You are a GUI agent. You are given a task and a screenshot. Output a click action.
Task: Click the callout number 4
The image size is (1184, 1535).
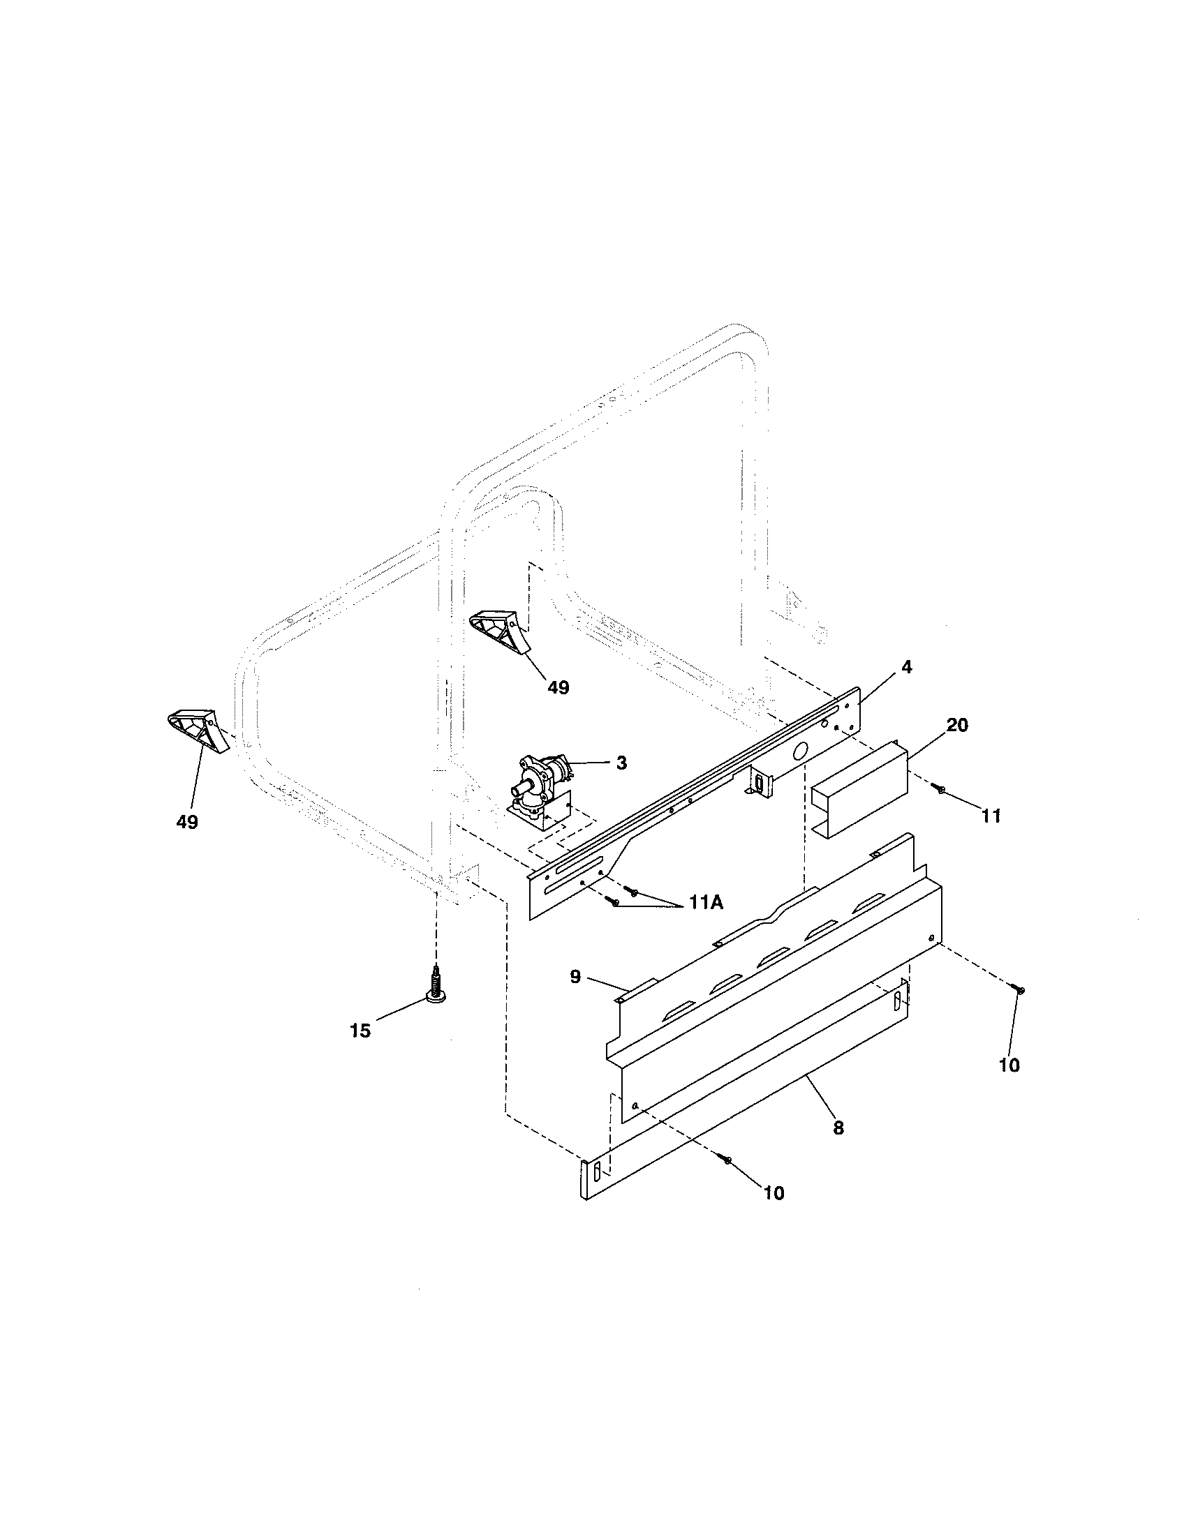coord(906,667)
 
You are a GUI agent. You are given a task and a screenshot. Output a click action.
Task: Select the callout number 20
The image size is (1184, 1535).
coord(956,725)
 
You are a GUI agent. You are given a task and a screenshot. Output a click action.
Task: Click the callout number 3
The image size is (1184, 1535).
coord(621,763)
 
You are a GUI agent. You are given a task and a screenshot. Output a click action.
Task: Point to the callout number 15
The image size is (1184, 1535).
coord(360,1031)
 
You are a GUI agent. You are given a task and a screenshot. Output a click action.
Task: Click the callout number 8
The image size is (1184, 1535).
coord(838,1128)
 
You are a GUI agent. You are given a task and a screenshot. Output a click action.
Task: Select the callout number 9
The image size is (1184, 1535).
coord(575,976)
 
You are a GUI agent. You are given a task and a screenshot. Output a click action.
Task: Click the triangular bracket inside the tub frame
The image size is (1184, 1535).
coord(498,631)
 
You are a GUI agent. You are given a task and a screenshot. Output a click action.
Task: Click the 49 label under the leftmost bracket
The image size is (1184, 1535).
coord(186,821)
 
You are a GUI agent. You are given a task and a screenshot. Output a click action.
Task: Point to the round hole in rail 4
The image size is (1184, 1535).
coord(799,753)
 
